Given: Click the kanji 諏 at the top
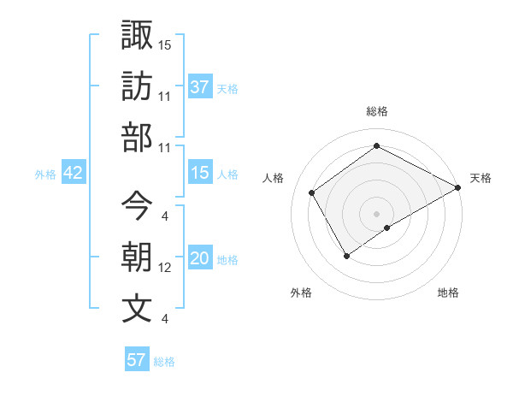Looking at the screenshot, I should pos(137,35).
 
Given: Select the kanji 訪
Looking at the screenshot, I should pos(137,86).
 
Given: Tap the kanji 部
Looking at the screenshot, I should pos(137,137).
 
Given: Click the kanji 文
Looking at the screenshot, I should pos(137,308).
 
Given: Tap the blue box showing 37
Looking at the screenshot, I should pos(199,87).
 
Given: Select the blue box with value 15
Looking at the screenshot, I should pos(199,174).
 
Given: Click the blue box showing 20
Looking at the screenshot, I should pos(199,259).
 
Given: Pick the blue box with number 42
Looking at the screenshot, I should pos(74,174).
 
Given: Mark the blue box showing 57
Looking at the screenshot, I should pos(136,360).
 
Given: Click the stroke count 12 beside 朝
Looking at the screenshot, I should pos(165,268).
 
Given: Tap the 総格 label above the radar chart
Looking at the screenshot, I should pos(377,111).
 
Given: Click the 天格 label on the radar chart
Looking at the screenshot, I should pos(481,178).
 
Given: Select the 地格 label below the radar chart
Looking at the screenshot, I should pos(448,293).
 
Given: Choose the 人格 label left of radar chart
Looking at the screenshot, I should pos(274,178).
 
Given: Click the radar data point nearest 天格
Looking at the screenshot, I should pos(458,188).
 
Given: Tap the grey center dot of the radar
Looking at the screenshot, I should pos(376,213).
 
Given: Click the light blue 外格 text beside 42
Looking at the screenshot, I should pos(45,174).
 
